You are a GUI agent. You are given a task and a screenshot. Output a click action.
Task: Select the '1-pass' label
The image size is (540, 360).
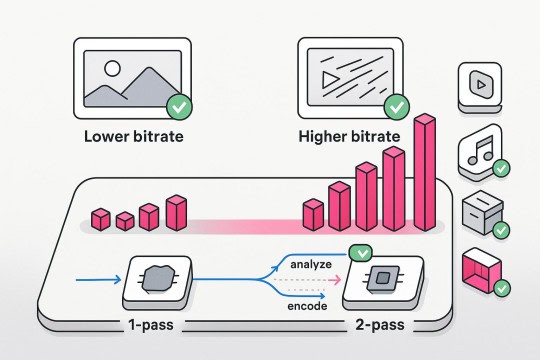coord(153,325)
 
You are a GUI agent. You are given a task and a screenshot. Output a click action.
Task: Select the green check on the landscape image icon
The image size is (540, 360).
coord(180,106)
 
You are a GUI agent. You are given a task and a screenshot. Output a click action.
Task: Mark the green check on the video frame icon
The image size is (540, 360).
coord(397,104)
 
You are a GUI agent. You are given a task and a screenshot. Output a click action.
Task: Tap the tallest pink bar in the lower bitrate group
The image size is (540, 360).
coord(176,211)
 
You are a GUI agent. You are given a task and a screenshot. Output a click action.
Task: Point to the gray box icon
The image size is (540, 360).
coord(481,212)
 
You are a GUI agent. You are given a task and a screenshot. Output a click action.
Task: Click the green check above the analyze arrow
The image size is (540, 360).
coord(357,255)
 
